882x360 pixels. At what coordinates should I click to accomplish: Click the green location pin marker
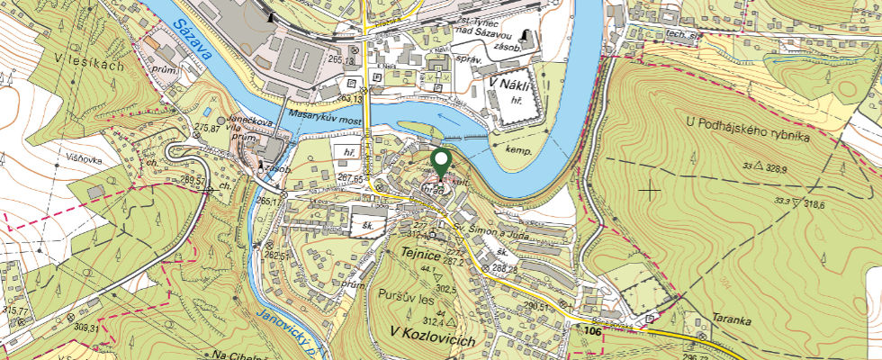coord(441,163)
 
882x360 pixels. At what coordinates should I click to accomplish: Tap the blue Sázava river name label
coord(193,40)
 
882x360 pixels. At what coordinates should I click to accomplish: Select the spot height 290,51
coord(537,306)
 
